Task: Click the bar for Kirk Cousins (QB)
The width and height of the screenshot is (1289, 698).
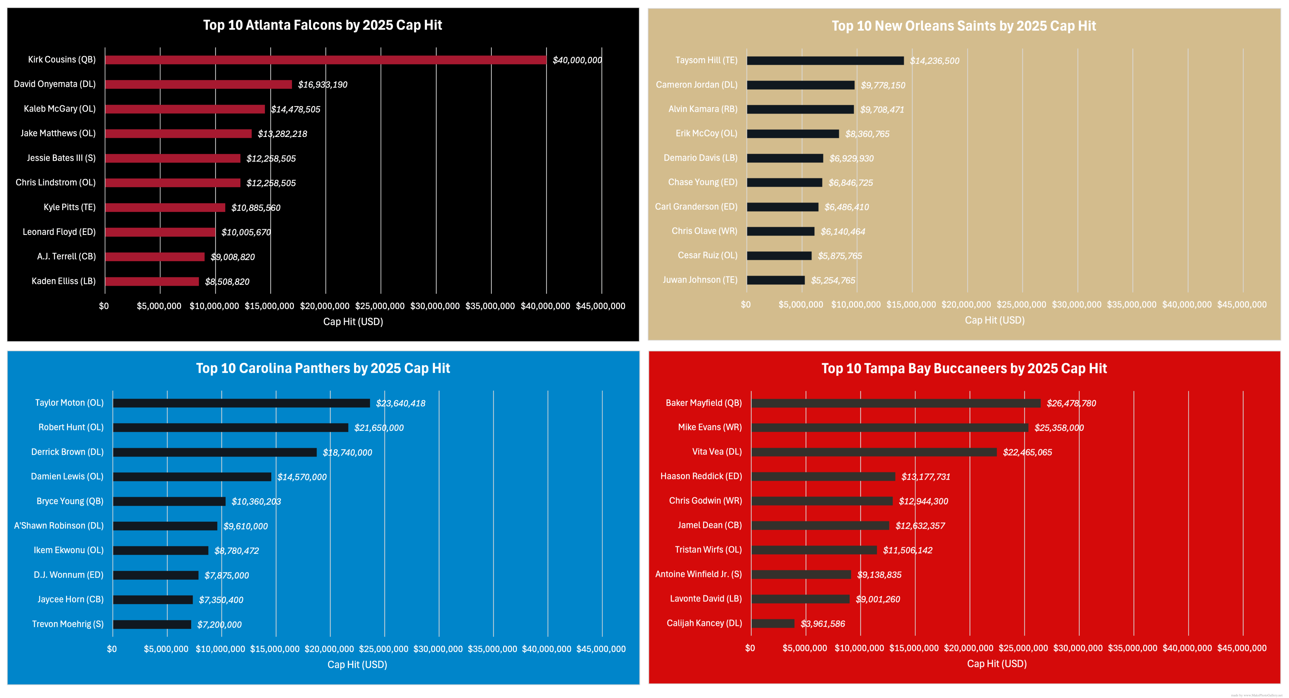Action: (325, 60)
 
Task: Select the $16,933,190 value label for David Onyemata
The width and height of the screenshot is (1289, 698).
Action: (322, 84)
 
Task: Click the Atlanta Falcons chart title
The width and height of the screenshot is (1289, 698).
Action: (322, 25)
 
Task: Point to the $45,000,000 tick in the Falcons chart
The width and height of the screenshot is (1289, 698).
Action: (600, 306)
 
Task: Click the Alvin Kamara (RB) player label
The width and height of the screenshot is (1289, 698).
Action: (703, 109)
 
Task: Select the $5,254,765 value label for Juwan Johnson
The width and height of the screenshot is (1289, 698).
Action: (833, 280)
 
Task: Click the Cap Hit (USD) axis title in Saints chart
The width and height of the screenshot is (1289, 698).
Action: (994, 320)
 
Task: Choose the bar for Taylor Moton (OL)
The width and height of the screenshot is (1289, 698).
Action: (241, 403)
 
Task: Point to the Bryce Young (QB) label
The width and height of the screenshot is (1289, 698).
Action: (70, 501)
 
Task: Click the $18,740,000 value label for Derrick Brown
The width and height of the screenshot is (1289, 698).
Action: (347, 452)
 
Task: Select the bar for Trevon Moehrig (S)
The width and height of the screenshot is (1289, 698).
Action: (152, 625)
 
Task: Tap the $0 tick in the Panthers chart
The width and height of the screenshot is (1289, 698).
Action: (111, 649)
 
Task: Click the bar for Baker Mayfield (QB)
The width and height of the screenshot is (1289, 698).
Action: (896, 403)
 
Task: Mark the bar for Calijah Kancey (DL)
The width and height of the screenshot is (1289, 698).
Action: (773, 624)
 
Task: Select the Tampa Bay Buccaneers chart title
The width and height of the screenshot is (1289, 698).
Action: (964, 369)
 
